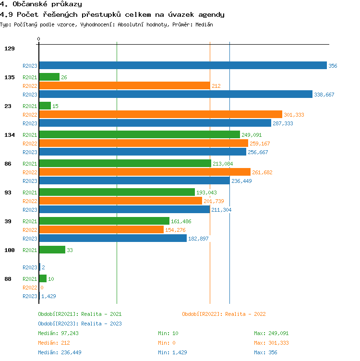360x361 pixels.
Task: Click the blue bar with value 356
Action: [x=182, y=66]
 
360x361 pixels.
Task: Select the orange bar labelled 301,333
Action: [x=160, y=115]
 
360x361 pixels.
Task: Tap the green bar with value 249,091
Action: [x=139, y=135]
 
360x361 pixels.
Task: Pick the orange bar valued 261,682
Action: [x=144, y=172]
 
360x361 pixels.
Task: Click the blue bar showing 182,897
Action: [x=113, y=239]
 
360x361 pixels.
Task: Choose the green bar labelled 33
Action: [x=52, y=250]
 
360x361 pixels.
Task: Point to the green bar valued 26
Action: [x=49, y=77]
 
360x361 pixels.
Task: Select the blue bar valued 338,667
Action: [x=176, y=95]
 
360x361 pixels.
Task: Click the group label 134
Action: [x=10, y=135]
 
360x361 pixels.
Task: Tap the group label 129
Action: [x=10, y=48]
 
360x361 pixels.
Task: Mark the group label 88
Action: [x=8, y=279]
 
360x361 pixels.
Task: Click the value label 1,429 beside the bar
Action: [x=48, y=296]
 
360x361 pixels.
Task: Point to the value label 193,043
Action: [x=207, y=193]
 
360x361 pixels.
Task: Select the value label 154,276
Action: [x=176, y=230]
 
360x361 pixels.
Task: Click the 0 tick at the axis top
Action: [x=39, y=39]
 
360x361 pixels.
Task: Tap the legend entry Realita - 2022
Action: [x=224, y=314]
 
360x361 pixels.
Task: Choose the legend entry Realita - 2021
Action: [x=80, y=314]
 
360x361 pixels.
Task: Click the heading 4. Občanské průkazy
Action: [x=41, y=4]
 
